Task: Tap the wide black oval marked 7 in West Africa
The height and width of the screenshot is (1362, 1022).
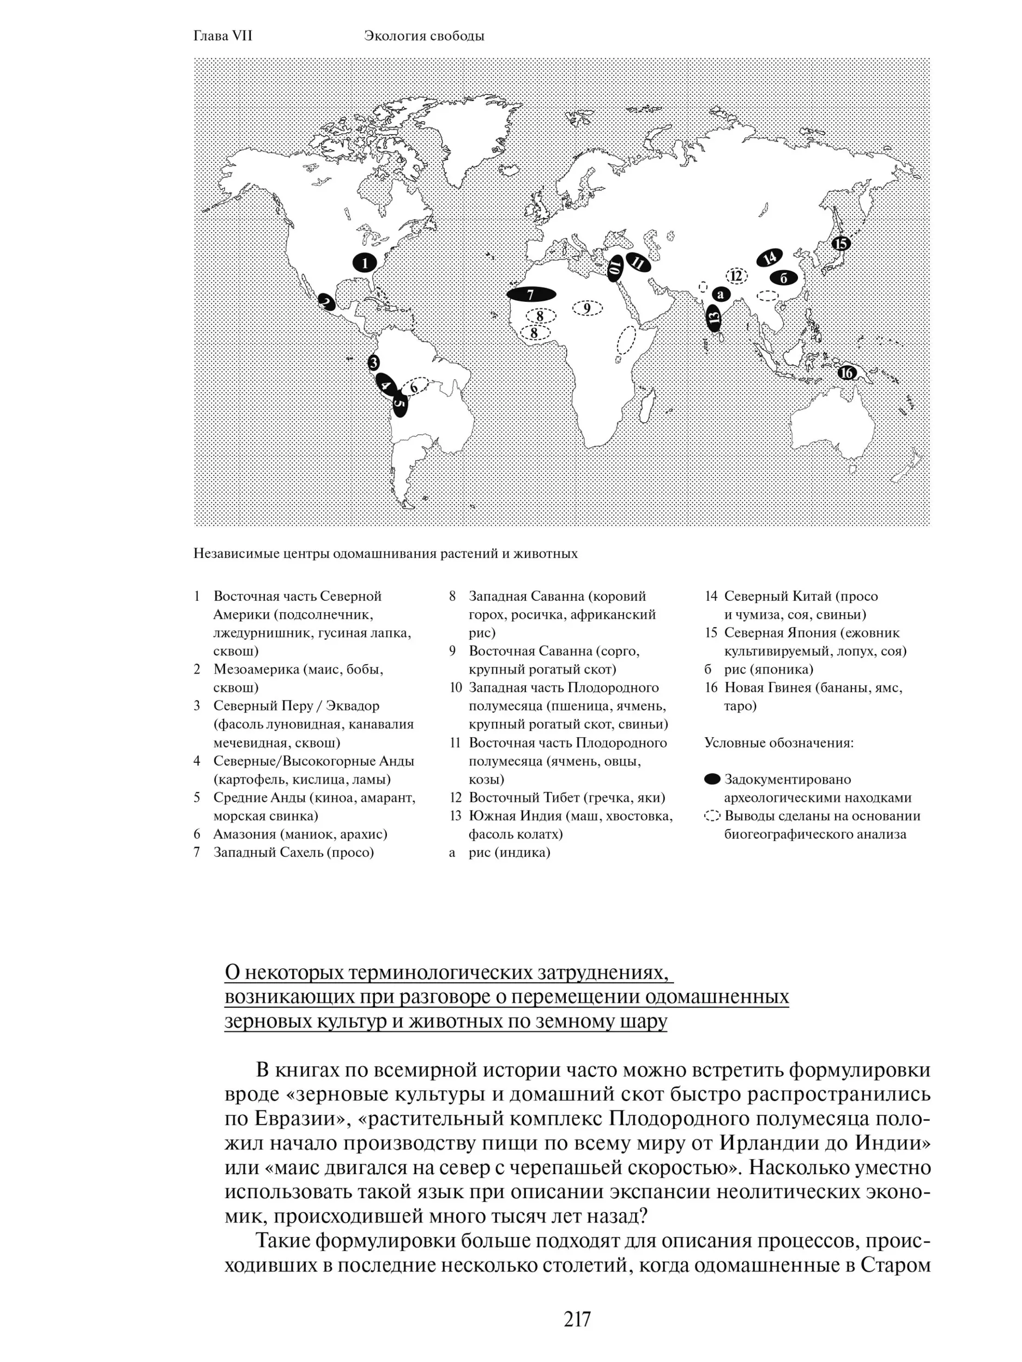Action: coord(531,294)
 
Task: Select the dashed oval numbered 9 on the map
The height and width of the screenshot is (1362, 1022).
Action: coord(587,308)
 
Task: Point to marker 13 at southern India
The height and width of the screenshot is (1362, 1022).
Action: coord(713,318)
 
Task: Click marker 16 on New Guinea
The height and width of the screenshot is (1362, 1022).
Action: coord(847,373)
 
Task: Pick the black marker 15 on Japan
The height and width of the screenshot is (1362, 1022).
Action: coord(840,243)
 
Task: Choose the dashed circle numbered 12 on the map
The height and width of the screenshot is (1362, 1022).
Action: coord(736,276)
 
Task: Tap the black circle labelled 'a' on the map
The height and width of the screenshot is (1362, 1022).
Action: coord(720,294)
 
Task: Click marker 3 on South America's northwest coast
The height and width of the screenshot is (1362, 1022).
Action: coord(373,363)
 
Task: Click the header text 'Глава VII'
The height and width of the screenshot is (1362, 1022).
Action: coord(223,36)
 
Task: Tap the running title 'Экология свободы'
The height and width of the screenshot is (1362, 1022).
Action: coord(424,36)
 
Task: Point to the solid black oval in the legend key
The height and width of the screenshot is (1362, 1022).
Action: coord(712,779)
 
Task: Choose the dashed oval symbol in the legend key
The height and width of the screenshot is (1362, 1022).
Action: coord(712,816)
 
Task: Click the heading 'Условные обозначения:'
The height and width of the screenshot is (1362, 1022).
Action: coord(779,743)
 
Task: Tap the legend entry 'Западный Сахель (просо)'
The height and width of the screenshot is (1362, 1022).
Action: coord(293,852)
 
